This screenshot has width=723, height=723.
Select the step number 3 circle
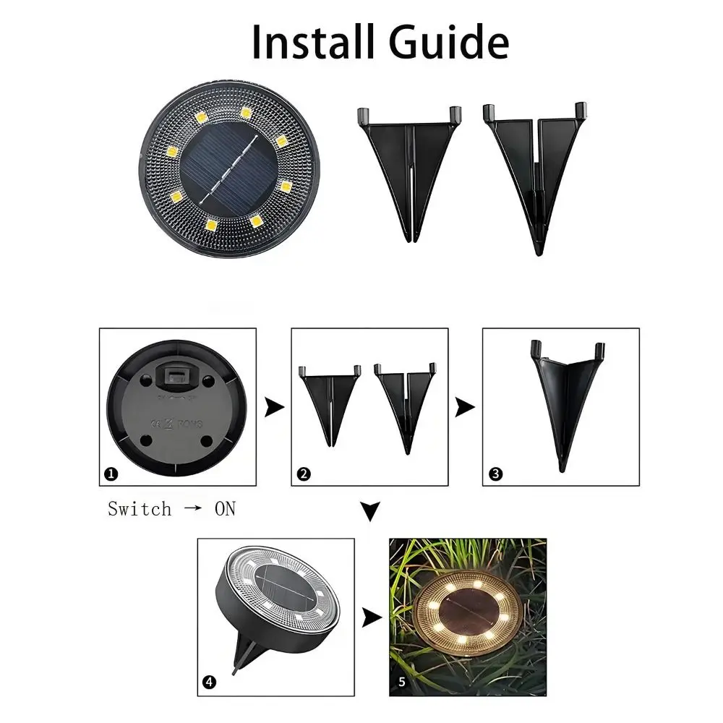[x=495, y=474]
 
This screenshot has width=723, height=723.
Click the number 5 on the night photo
[x=403, y=682]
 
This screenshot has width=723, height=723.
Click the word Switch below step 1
[x=140, y=509]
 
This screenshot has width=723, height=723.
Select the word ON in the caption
[x=225, y=509]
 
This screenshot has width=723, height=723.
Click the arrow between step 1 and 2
[x=274, y=408]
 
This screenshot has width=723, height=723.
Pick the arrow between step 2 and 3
[x=465, y=408]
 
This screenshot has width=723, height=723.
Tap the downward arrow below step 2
[x=370, y=513]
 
